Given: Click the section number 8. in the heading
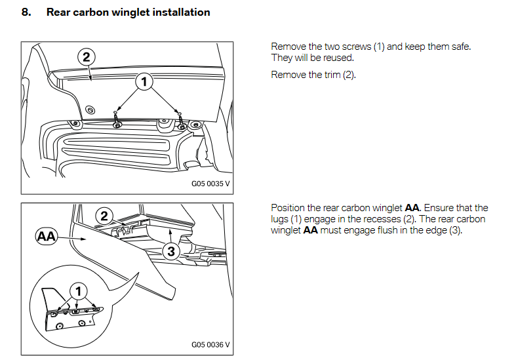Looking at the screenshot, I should pos(26,12).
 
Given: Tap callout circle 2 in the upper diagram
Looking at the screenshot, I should pos(85,56).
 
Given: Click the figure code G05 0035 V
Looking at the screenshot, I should pos(210,184).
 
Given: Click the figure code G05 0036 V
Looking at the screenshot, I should pos(210,345).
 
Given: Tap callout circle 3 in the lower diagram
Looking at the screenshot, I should pos(169,252).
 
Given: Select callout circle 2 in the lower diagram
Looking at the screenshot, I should pos(104,215).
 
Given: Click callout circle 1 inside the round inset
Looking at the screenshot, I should pos(78,291).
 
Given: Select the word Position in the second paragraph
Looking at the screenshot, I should pos(287,208).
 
